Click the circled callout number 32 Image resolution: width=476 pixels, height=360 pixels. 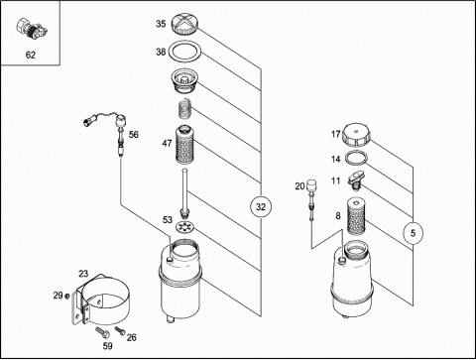[261, 207]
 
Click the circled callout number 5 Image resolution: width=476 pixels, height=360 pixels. [413, 233]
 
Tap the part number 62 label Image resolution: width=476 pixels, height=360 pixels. [31, 55]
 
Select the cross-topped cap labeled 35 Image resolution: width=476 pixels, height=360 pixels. [184, 24]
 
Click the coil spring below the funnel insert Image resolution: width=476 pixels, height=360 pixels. [185, 109]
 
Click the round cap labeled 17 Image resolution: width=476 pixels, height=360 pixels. [355, 135]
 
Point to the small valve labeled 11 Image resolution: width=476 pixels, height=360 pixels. [356, 180]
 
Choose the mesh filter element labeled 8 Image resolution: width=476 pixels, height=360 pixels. [356, 215]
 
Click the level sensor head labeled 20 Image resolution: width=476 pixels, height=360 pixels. [310, 185]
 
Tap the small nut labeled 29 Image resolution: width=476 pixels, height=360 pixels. [67, 296]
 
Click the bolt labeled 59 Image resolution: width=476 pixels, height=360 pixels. [103, 332]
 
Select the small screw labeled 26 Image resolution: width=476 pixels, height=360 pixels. [120, 330]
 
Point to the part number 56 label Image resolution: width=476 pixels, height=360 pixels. [134, 135]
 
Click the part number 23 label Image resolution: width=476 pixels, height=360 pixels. [83, 274]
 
